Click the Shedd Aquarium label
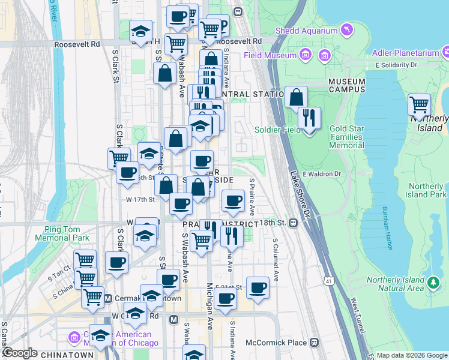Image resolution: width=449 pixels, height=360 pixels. [x=306, y=31]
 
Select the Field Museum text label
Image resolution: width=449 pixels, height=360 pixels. [x=271, y=56]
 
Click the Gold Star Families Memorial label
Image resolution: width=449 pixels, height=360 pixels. [x=346, y=137]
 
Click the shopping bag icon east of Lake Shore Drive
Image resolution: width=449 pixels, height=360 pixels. [x=296, y=97]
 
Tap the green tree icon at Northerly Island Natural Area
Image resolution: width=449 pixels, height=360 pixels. [x=433, y=281]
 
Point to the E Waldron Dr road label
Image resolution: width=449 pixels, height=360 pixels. [x=322, y=174]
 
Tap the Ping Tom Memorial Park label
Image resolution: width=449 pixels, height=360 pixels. [x=67, y=233]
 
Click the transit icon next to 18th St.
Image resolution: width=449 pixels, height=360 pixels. [x=294, y=223]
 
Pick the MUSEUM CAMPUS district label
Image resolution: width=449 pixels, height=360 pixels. [x=346, y=85]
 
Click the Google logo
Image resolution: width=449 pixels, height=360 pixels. [x=20, y=353]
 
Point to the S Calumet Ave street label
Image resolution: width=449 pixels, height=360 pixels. [x=276, y=260]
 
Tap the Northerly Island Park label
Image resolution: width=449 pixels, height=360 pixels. [x=426, y=190]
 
